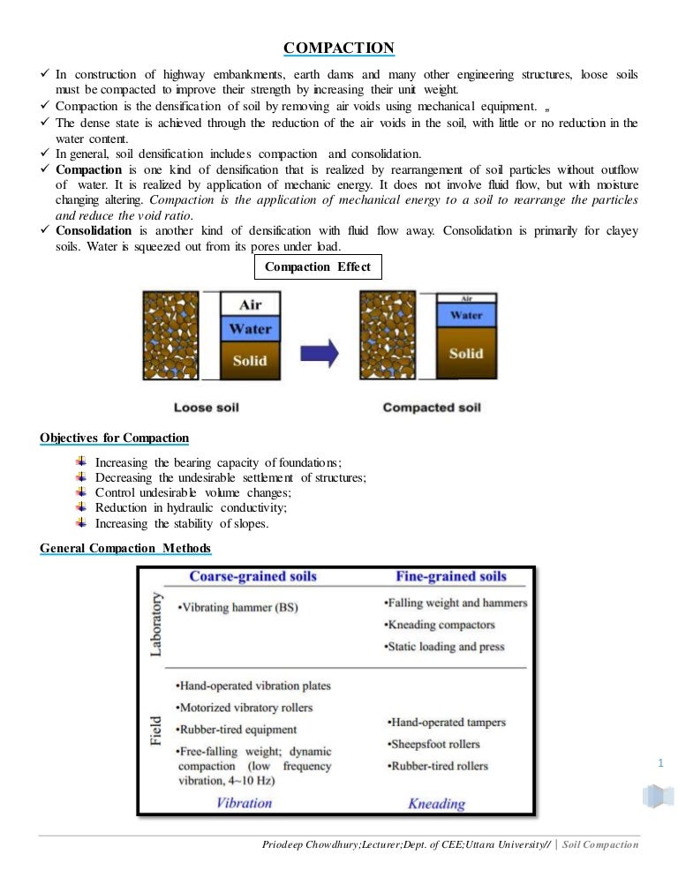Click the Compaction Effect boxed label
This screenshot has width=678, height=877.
pos(318,266)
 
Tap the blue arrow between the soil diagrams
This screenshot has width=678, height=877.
pos(320,353)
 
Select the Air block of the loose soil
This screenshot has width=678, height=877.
pos(249,304)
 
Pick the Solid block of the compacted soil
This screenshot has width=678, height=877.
pos(466,353)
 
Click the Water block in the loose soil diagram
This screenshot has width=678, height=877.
pos(250,329)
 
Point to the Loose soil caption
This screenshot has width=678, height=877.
pos(207,408)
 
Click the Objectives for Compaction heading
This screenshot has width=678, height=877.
pos(115,438)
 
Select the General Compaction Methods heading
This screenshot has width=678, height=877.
pos(125,549)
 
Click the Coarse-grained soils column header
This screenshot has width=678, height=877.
pos(253,577)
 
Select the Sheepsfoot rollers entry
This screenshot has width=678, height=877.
pos(433,744)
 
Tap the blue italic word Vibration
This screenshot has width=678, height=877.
pos(245,802)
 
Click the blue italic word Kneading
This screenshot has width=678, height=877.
pos(436,803)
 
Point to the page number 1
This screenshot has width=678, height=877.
pos(659,762)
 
